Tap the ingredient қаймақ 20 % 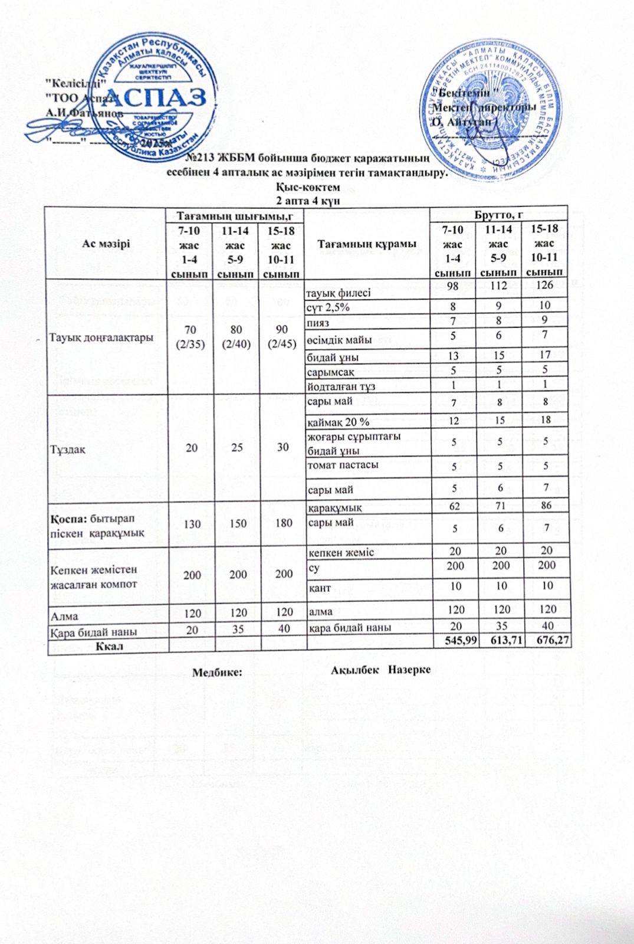tap(339, 422)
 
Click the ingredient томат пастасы tap(343, 465)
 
